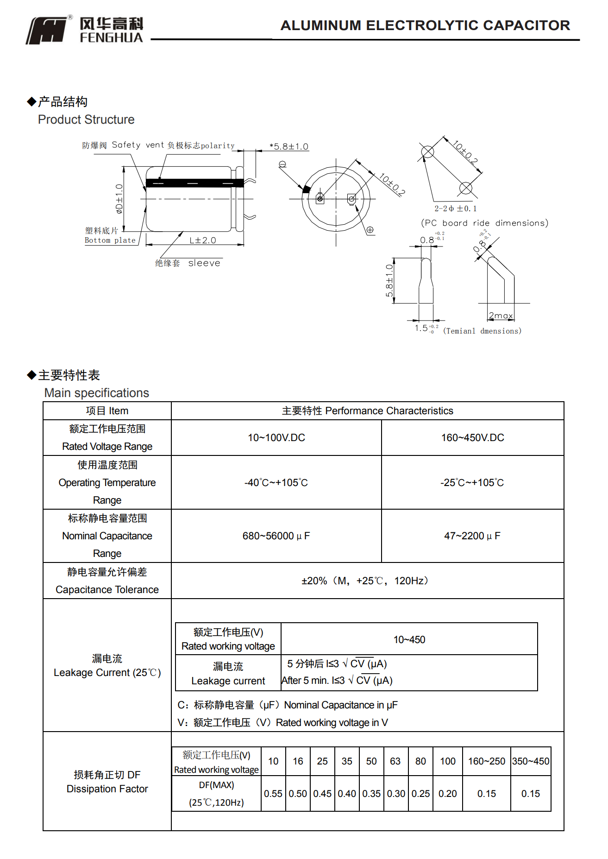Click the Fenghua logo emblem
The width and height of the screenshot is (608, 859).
[47, 31]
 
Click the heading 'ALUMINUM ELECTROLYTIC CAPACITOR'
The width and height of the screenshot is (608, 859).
[425, 25]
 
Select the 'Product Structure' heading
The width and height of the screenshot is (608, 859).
[86, 120]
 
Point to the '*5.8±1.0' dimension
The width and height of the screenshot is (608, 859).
[289, 147]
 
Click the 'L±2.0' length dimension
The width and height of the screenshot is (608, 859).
[203, 240]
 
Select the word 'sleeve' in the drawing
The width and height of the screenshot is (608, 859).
[204, 263]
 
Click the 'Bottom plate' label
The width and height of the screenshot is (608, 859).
[110, 240]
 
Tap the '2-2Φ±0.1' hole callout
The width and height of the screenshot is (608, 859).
[455, 208]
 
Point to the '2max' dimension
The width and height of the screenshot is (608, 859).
[501, 316]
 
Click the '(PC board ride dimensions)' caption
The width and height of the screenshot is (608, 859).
[484, 223]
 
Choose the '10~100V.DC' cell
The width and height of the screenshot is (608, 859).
[276, 438]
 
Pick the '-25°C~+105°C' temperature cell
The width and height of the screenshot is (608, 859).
[472, 483]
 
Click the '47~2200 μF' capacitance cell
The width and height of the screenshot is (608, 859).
[472, 536]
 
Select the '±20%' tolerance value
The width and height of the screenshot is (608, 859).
[314, 581]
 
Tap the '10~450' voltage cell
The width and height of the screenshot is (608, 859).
[409, 640]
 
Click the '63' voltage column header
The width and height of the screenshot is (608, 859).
[395, 761]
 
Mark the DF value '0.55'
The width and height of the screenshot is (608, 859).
[273, 794]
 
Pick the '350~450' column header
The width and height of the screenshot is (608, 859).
[531, 761]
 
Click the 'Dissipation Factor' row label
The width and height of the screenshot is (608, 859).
[107, 789]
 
